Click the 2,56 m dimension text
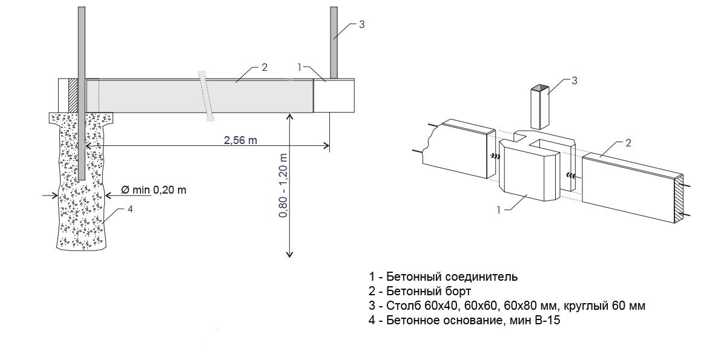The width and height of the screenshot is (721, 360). (x=240, y=140)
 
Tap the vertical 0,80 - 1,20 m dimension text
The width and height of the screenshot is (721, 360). (x=283, y=185)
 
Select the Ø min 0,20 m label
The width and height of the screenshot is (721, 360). (x=154, y=190)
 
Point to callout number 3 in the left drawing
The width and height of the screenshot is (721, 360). (x=361, y=25)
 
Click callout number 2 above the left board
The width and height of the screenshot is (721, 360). (x=264, y=67)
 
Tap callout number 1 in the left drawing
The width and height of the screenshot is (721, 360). (x=300, y=67)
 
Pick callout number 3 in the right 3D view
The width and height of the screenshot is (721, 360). (x=575, y=80)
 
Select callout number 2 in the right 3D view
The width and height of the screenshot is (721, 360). (x=628, y=143)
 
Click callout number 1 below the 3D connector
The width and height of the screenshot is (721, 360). (x=499, y=210)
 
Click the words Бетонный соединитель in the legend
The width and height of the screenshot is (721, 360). (x=452, y=277)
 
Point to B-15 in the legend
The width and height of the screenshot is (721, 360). (x=547, y=321)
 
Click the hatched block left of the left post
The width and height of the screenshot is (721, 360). (x=72, y=96)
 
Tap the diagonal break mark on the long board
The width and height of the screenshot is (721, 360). (x=206, y=96)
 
